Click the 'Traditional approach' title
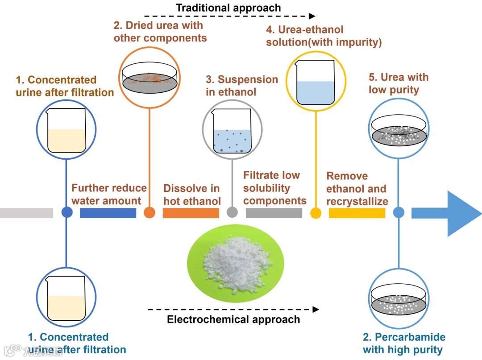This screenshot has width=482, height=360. (x=228, y=8)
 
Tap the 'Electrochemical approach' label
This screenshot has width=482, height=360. (x=233, y=319)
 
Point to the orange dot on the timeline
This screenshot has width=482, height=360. (x=150, y=213)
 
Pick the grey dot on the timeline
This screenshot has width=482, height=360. (x=232, y=213)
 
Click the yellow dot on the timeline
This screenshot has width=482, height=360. (x=316, y=213)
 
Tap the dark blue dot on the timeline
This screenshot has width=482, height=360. (x=67, y=213)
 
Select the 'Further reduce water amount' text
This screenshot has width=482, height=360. (x=109, y=194)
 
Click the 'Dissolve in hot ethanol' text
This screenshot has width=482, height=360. (x=192, y=194)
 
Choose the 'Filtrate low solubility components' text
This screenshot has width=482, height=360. (x=274, y=188)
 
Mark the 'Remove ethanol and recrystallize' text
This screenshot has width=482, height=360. (x=357, y=189)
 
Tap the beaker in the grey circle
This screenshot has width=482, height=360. (x=232, y=132)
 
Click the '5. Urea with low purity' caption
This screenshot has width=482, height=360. (x=399, y=83)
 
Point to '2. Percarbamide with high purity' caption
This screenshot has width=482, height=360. (x=404, y=343)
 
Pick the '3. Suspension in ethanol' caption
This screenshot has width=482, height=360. (x=241, y=86)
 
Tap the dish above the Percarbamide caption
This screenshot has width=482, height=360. (x=398, y=300)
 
